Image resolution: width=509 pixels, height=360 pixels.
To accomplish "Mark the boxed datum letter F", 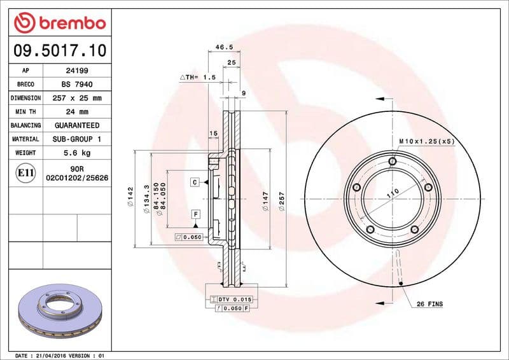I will point(195,214).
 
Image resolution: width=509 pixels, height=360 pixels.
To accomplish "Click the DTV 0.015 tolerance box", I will point(231,299).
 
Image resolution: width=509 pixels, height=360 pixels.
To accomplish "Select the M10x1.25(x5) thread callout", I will point(426,141).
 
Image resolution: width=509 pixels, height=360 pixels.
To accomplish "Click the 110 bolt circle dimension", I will point(393,192).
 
